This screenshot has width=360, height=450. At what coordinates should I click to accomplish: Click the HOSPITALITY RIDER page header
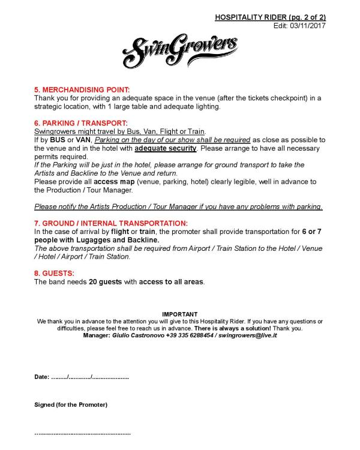point(270,18)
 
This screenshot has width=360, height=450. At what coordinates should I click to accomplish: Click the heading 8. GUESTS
point(54,273)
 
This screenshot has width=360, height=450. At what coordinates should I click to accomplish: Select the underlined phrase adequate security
point(166,148)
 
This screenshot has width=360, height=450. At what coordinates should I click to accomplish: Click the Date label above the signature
point(41,377)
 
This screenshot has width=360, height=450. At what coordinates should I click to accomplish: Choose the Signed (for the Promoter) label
point(71,405)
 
